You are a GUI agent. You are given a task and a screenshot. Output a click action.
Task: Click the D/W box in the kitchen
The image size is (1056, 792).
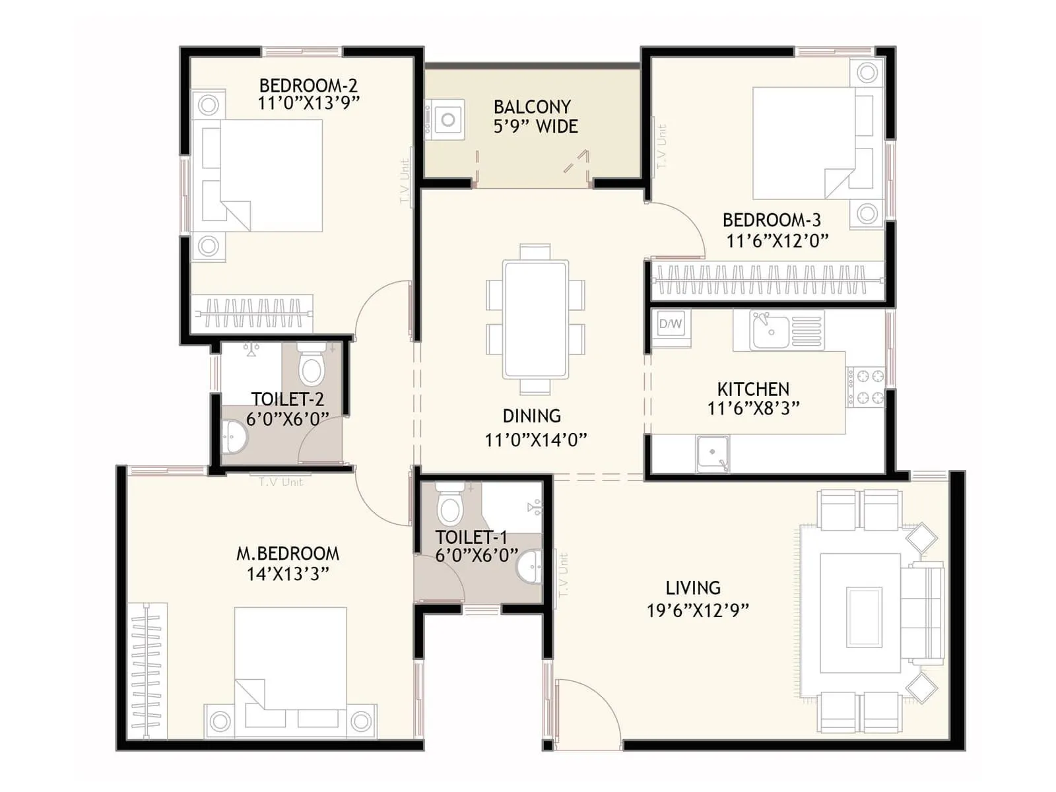click(671, 324)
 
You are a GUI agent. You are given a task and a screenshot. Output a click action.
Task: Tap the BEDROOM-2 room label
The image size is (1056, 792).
click(308, 85)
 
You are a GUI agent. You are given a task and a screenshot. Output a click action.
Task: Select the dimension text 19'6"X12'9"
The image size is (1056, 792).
click(698, 610)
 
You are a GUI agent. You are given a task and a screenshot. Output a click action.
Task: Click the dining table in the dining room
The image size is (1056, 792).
click(535, 319)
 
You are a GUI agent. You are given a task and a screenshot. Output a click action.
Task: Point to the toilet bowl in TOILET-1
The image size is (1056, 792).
click(450, 507)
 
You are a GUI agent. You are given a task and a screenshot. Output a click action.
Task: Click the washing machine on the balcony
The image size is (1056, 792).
click(447, 119)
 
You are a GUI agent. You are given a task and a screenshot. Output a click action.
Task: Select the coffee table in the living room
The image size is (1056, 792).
click(864, 618)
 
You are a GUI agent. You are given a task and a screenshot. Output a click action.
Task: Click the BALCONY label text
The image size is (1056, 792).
click(532, 107)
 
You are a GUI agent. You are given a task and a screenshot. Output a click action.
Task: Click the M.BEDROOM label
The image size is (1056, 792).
click(288, 554)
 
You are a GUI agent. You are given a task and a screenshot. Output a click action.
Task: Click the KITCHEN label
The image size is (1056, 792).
click(753, 389)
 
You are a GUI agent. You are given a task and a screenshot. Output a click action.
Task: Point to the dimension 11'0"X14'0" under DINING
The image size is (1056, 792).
click(535, 440)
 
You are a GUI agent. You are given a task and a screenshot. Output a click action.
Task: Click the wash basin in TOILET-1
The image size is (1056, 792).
click(528, 568)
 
